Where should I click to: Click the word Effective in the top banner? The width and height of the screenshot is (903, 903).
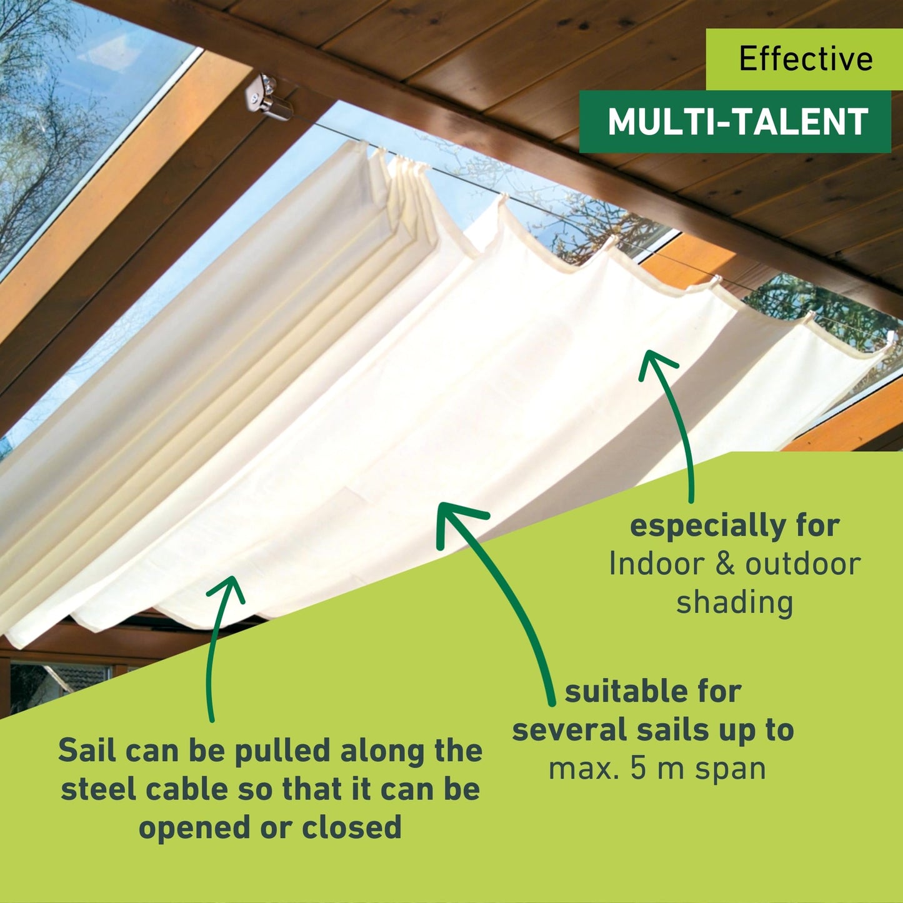click(806, 59)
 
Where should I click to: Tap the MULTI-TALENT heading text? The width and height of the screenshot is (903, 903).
click(737, 122)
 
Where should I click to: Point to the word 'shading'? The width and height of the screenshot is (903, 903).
click(734, 603)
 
